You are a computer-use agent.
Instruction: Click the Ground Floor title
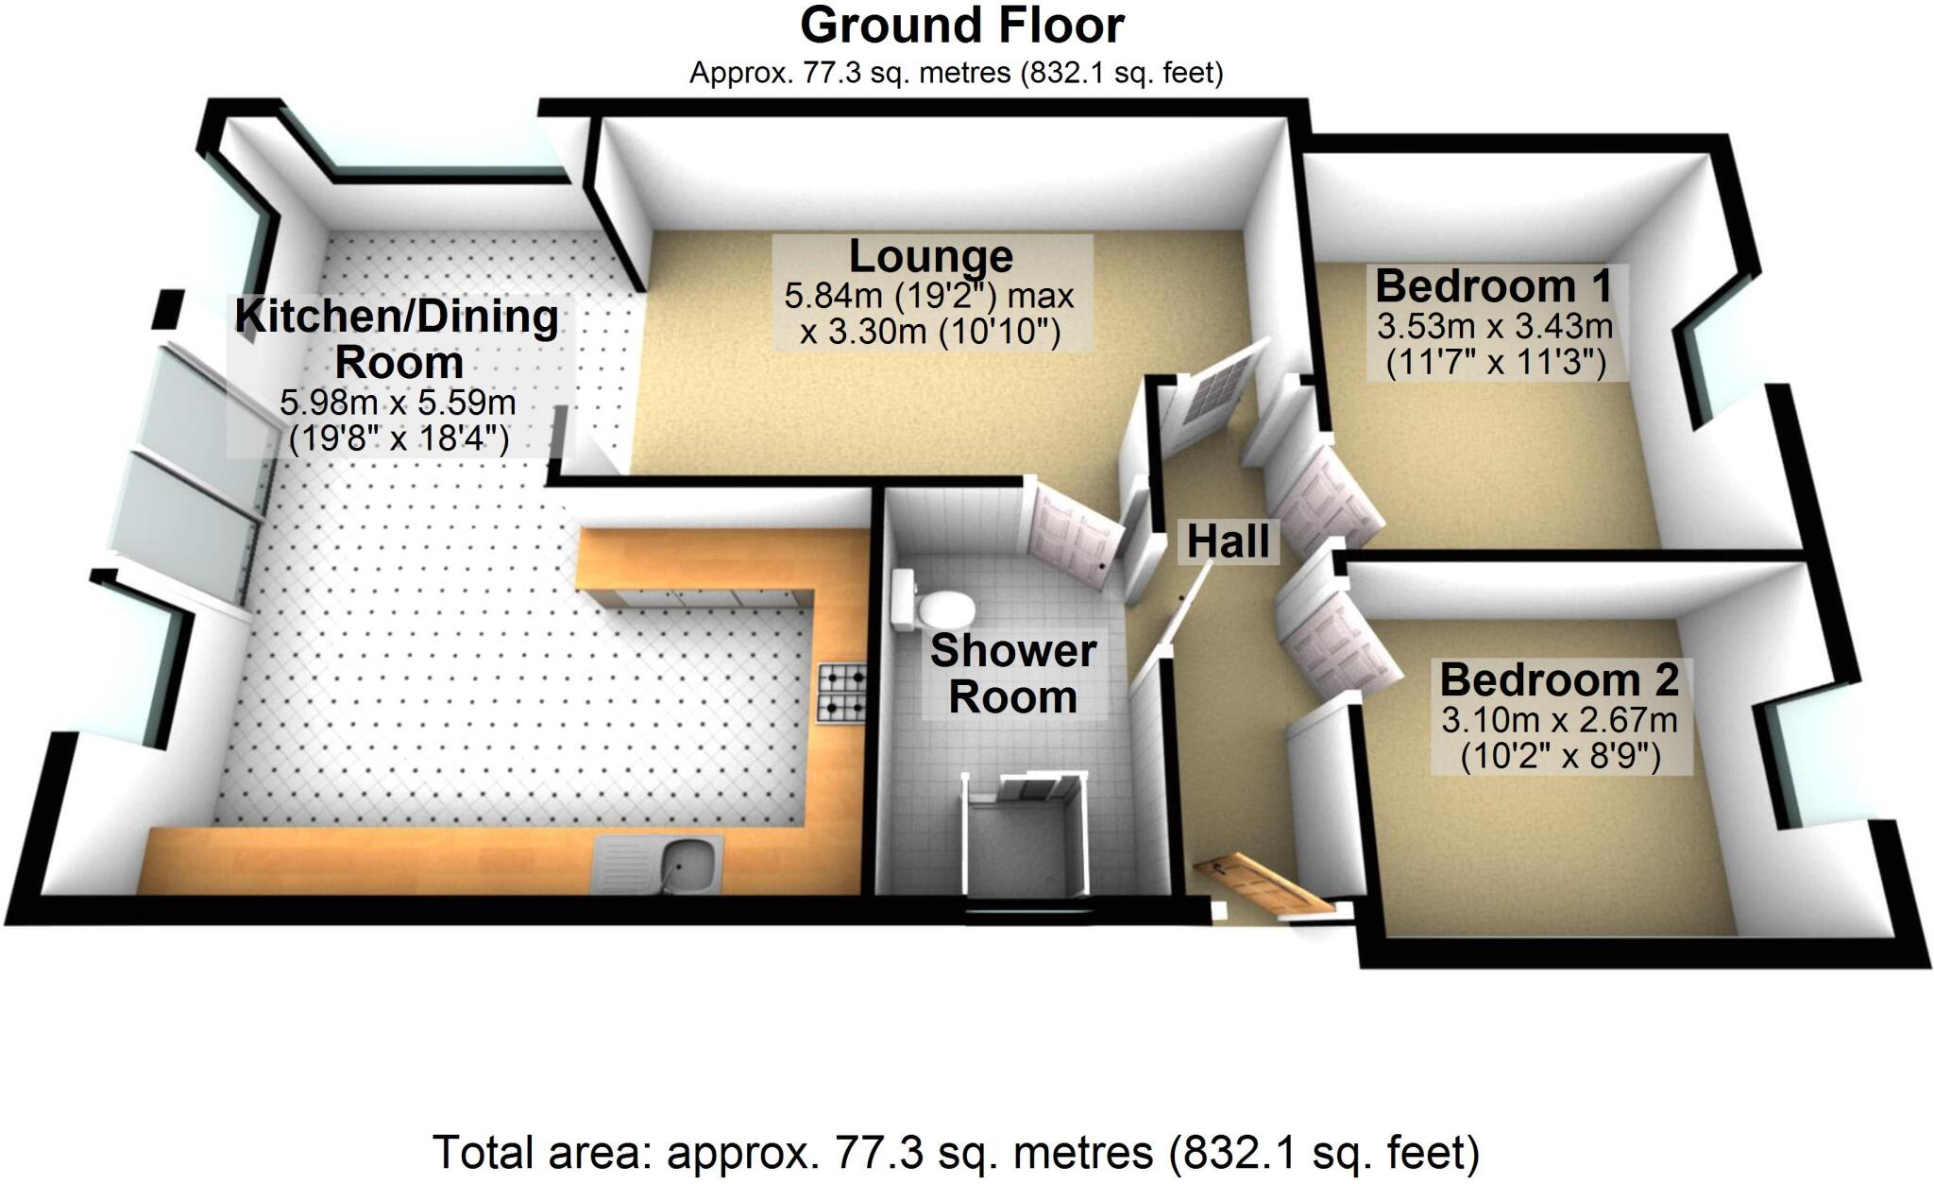tap(961, 26)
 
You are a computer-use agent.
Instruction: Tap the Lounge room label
tap(930, 256)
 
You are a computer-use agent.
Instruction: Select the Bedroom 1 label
tap(1493, 285)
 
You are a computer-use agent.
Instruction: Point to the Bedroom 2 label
tap(1559, 679)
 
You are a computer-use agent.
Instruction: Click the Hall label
tap(1228, 542)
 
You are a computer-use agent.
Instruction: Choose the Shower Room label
tap(1012, 674)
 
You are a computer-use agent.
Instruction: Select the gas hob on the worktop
tap(843, 693)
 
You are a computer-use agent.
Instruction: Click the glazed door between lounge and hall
tap(1210, 398)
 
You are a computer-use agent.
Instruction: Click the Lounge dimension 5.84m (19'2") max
tap(928, 297)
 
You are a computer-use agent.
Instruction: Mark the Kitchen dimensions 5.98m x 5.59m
tap(398, 403)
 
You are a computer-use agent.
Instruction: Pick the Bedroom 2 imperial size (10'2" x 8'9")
tap(1559, 757)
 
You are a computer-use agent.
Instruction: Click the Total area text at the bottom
tap(956, 1153)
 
